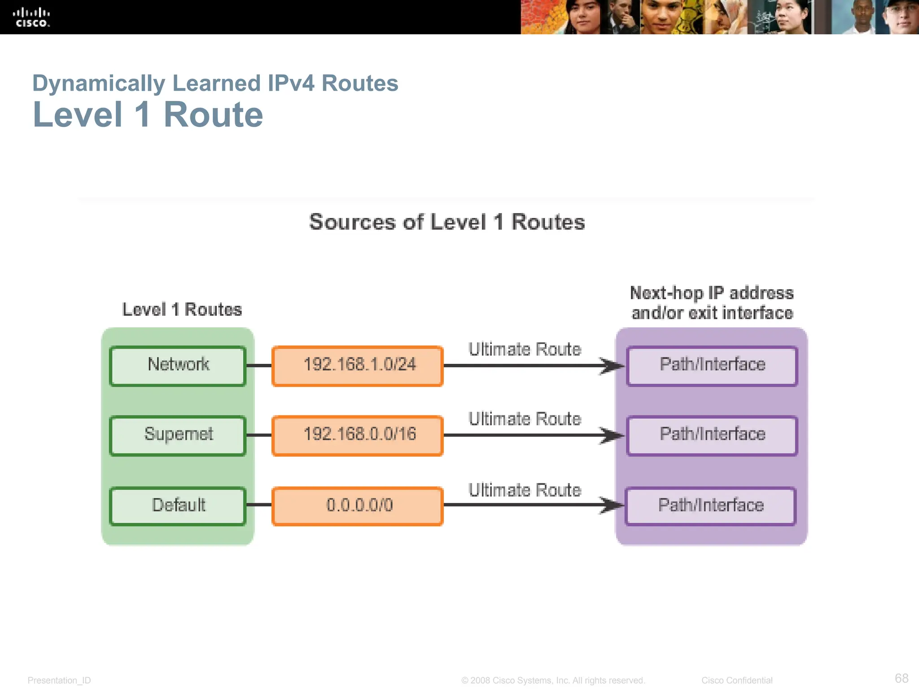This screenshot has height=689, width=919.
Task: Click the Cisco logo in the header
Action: (31, 17)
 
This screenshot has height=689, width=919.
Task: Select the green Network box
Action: (178, 366)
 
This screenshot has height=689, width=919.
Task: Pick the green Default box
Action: (178, 506)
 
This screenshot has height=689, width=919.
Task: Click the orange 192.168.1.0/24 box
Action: (358, 366)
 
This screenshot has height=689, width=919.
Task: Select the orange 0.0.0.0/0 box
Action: (358, 506)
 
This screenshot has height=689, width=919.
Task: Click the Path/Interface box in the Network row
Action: (712, 366)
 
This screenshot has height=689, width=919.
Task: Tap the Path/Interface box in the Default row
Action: (710, 506)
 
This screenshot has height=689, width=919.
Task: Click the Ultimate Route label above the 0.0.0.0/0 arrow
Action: (524, 490)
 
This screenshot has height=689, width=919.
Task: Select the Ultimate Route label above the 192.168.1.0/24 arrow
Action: (524, 349)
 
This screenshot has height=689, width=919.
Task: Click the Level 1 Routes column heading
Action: (182, 310)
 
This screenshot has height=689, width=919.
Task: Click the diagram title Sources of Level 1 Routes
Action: (447, 222)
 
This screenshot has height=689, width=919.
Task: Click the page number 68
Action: (901, 678)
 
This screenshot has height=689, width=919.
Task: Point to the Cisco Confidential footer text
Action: (736, 680)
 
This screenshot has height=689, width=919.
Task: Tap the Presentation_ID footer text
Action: (59, 680)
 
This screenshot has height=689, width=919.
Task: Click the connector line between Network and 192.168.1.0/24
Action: (259, 366)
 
